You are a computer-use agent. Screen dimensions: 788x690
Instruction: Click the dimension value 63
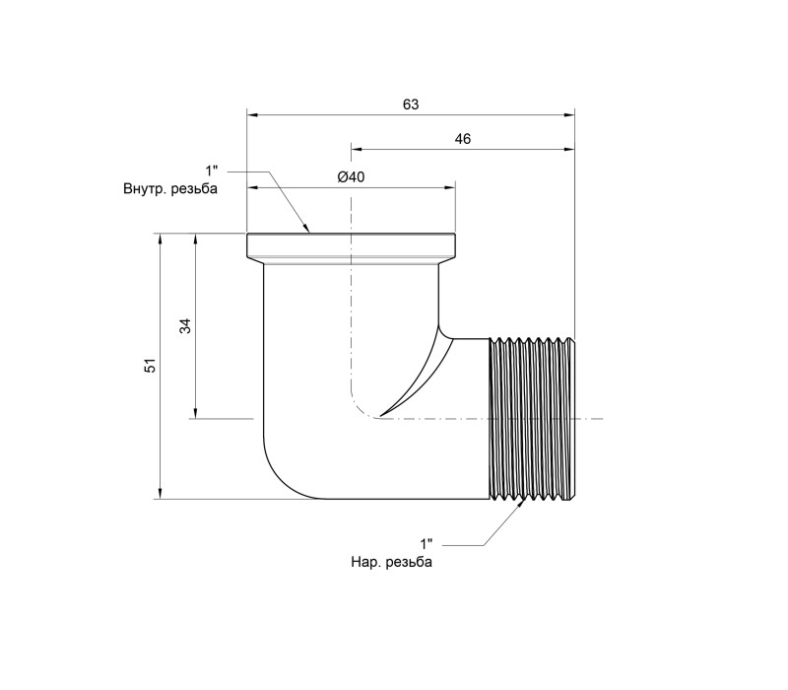pyautogui.click(x=411, y=104)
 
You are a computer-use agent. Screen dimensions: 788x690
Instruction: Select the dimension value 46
pyautogui.click(x=462, y=139)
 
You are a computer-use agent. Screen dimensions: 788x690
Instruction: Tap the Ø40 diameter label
pyautogui.click(x=351, y=177)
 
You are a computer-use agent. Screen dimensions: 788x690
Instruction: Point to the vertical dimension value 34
pyautogui.click(x=185, y=326)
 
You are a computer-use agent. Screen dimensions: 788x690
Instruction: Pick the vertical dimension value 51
pyautogui.click(x=151, y=365)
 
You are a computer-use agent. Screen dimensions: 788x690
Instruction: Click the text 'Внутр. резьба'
pyautogui.click(x=170, y=189)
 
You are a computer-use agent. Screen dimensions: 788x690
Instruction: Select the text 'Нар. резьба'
pyautogui.click(x=391, y=562)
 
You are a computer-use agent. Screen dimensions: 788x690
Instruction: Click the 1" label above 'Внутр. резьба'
pyautogui.click(x=212, y=171)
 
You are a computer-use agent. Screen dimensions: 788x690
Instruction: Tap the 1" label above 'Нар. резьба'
pyautogui.click(x=427, y=544)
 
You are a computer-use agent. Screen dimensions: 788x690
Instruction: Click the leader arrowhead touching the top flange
pyautogui.click(x=305, y=228)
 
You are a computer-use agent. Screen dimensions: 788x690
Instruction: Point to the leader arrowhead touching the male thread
pyautogui.click(x=522, y=505)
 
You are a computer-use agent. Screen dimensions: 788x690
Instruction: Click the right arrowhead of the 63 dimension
pyautogui.click(x=569, y=115)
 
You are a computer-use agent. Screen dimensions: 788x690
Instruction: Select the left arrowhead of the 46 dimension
pyautogui.click(x=356, y=149)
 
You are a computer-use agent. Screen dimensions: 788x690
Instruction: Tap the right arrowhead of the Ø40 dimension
pyautogui.click(x=449, y=188)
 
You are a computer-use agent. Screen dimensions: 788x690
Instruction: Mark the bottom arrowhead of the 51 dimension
pyautogui.click(x=161, y=494)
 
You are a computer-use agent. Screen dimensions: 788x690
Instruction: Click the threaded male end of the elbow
pyautogui.click(x=532, y=418)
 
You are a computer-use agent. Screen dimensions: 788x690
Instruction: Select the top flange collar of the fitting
pyautogui.click(x=351, y=245)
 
